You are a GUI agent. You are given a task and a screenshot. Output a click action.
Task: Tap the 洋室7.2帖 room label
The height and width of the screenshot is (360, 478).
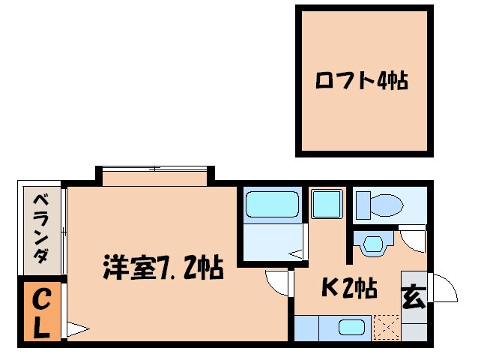coord(163,267)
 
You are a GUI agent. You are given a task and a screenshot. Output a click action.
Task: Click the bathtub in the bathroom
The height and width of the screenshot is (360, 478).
coord(273,204)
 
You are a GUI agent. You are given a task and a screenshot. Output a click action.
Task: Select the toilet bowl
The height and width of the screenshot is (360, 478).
coord(389,202)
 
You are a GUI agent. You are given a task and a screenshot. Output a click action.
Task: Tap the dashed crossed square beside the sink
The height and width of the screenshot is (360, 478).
coord(385,328)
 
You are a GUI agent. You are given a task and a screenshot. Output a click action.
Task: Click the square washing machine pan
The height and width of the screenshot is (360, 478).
coord(326,203)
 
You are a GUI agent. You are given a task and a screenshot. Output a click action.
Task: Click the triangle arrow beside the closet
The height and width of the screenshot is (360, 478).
coord(76,328)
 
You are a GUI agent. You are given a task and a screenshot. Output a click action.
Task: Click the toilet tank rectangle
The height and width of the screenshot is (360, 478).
coord(363,203)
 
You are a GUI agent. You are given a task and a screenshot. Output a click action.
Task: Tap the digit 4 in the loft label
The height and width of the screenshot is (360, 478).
coord(381,80)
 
